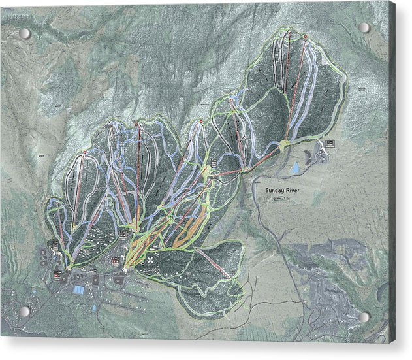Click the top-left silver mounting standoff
[x=25, y=33]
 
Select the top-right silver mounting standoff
[x=364, y=27]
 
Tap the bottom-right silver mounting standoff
[x=364, y=318]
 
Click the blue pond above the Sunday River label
[x=294, y=169]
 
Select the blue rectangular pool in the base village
[x=79, y=288]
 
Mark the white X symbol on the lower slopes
[x=151, y=259]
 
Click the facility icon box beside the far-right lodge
[x=330, y=143]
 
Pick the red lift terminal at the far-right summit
[x=305, y=35]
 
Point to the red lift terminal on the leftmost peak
[x=84, y=152]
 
